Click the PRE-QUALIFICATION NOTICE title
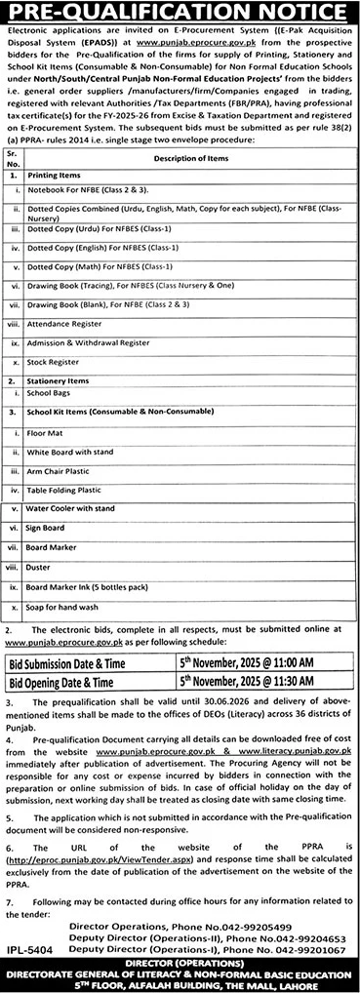point(180,13)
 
